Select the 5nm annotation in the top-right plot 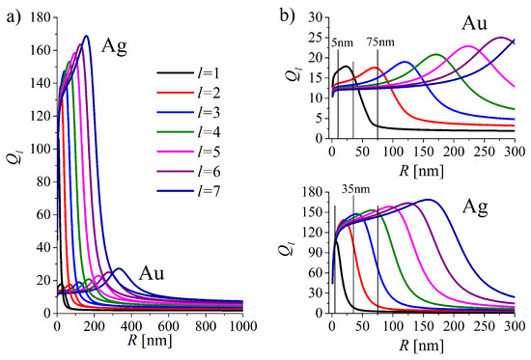click(342, 43)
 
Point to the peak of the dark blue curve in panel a click(87, 36)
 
